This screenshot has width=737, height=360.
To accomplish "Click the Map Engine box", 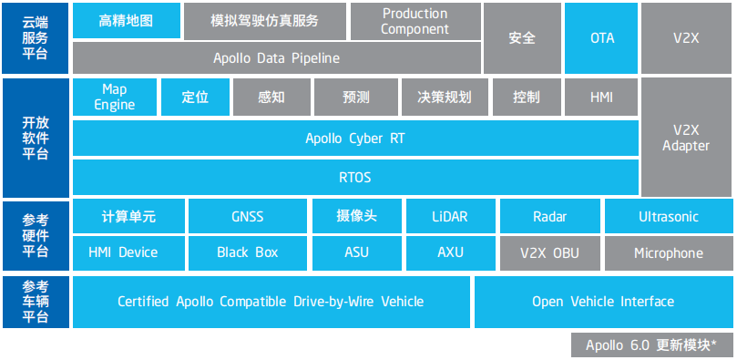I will click(114, 97).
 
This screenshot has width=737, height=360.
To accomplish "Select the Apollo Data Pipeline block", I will click(276, 58).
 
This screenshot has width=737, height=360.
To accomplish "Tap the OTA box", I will click(602, 38).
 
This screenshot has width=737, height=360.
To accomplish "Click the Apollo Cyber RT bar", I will click(354, 139).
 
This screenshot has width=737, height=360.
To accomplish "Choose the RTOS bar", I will click(354, 177).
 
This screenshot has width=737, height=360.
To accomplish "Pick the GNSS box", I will click(247, 217).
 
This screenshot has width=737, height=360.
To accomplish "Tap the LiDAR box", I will click(449, 217).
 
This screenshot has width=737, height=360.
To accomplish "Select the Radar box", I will click(549, 217).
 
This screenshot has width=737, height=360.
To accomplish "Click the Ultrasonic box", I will click(668, 217).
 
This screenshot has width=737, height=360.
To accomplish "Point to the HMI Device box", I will click(123, 252).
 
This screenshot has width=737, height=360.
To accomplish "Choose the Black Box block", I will click(247, 252).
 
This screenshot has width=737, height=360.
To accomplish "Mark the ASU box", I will click(356, 252).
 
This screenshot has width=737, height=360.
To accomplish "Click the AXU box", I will click(449, 252).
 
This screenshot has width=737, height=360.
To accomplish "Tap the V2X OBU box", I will click(549, 252).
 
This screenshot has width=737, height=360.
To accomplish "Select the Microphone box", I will click(668, 252).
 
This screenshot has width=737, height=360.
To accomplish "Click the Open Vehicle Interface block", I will click(602, 302).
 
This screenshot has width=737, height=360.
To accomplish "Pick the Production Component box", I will click(415, 21).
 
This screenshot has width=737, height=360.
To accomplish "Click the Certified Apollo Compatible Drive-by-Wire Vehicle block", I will click(271, 302).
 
